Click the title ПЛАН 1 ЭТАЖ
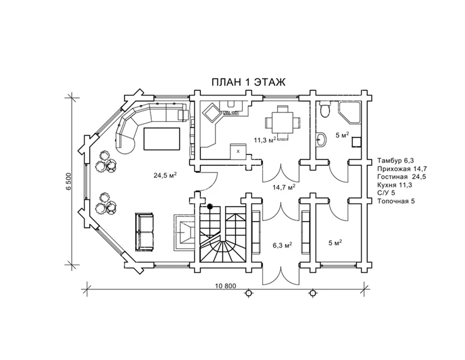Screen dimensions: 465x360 point(249,82)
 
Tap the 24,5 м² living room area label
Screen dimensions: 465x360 point(165,175)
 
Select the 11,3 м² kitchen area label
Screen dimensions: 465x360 point(265,140)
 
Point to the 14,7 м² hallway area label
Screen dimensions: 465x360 point(284,187)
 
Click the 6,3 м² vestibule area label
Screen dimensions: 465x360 point(283,245)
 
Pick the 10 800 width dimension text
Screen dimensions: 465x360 point(225,286)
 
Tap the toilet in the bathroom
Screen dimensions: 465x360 point(325,109)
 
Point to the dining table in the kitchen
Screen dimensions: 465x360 point(283,123)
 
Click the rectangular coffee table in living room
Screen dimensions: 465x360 point(162,139)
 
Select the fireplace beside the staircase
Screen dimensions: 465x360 point(184,233)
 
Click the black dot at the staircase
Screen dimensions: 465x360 point(210,206)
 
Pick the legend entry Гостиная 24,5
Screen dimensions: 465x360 point(402,177)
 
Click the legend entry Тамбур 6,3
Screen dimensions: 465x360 point(396,160)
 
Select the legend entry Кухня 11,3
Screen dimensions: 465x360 point(395,185)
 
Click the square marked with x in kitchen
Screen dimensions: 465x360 point(238,152)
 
